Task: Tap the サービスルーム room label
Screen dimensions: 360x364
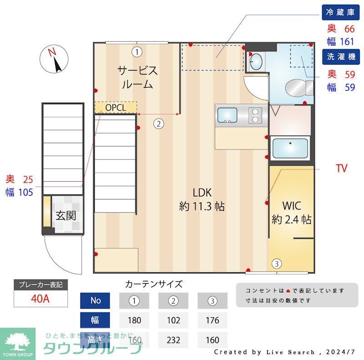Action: (137, 77)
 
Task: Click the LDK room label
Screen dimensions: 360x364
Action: (202, 199)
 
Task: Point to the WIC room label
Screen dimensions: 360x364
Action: (291, 212)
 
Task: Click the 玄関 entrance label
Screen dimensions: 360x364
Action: (66, 215)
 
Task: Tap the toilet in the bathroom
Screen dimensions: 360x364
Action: (298, 86)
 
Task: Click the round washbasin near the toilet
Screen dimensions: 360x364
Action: (256, 60)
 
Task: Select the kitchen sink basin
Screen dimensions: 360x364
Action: (227, 115)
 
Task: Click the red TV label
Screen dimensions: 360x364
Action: (341, 169)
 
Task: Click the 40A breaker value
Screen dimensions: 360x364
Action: (41, 299)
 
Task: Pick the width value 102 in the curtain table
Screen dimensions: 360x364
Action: (173, 320)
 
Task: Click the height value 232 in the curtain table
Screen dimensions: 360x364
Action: (173, 340)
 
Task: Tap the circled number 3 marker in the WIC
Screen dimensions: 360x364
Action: (276, 263)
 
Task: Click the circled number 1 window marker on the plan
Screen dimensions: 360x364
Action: (136, 51)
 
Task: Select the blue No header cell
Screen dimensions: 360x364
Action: (96, 300)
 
